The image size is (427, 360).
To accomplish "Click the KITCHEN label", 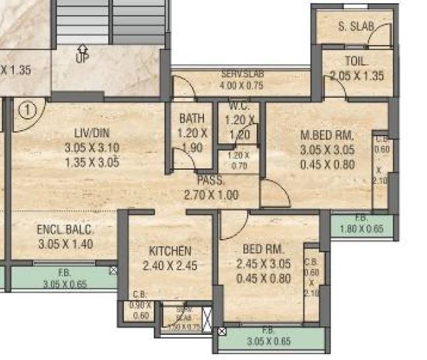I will (170, 252).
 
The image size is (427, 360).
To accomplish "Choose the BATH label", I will (192, 118).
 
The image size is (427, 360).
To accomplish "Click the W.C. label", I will (238, 106).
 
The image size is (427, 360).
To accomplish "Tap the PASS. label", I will (211, 180).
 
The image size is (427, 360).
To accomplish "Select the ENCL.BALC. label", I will (66, 231).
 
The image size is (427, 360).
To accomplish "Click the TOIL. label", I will (356, 62).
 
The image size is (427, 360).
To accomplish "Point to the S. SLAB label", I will (356, 27).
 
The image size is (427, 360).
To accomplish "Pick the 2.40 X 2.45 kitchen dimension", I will (170, 266).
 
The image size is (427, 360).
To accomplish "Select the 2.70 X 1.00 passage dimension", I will (211, 195).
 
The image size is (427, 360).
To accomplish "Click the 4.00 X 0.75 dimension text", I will (241, 85).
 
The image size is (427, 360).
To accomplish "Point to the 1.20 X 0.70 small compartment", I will (238, 161).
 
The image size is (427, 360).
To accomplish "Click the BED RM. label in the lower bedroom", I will (263, 250).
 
